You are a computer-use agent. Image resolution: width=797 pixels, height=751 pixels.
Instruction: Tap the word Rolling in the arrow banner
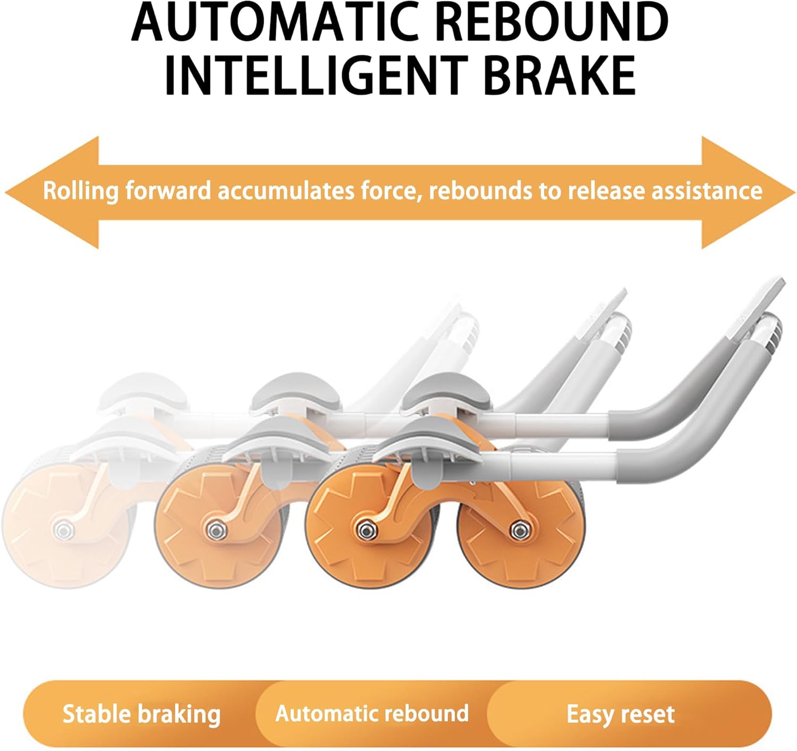[80, 191]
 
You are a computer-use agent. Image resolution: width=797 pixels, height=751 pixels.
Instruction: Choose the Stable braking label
[141, 714]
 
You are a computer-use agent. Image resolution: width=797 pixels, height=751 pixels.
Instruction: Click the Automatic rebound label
[372, 713]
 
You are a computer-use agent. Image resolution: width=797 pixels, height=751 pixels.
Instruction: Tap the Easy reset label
[620, 714]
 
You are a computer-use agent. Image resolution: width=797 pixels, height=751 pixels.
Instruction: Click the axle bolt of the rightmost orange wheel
[519, 529]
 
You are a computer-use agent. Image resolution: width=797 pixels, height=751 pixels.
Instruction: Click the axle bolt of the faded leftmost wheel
[64, 529]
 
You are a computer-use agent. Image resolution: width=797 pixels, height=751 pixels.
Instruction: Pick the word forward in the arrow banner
[168, 191]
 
